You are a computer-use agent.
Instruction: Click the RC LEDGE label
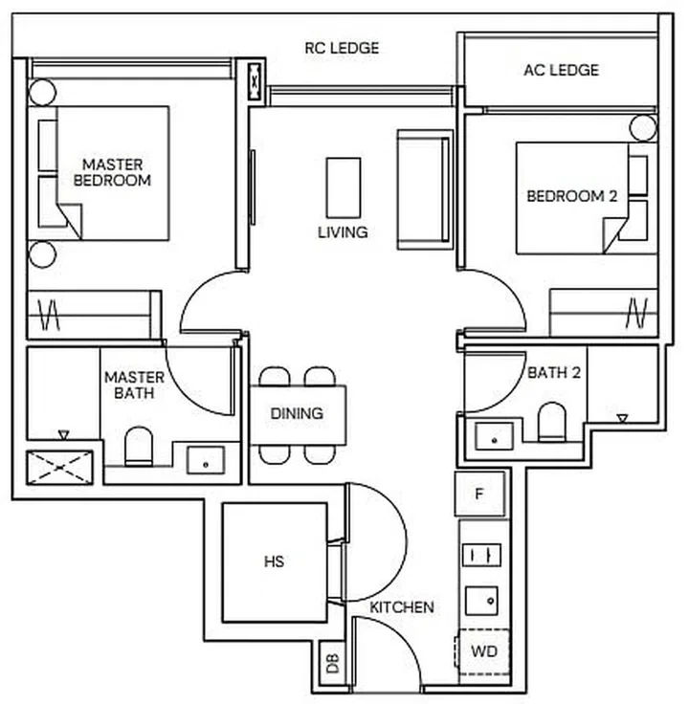coord(342,47)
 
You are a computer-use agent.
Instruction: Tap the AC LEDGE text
coord(561,70)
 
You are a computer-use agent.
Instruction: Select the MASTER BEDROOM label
coord(112,171)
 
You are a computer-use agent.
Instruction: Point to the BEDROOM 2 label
coord(571,196)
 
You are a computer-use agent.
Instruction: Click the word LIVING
coord(343,232)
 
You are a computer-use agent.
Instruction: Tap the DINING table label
coord(297,414)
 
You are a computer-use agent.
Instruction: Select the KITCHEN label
coord(402,606)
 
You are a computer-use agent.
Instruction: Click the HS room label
coord(274,562)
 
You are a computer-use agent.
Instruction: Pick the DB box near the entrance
coord(332,665)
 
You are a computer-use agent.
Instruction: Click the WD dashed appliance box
coord(483,652)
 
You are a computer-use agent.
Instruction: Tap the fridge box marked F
coord(479,495)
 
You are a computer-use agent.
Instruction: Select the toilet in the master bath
coord(139,445)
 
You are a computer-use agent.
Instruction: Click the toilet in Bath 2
coord(551,422)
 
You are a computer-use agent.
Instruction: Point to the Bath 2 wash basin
coord(494,436)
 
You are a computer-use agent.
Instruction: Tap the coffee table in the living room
coord(343,187)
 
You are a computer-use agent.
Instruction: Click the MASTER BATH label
coord(133,385)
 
